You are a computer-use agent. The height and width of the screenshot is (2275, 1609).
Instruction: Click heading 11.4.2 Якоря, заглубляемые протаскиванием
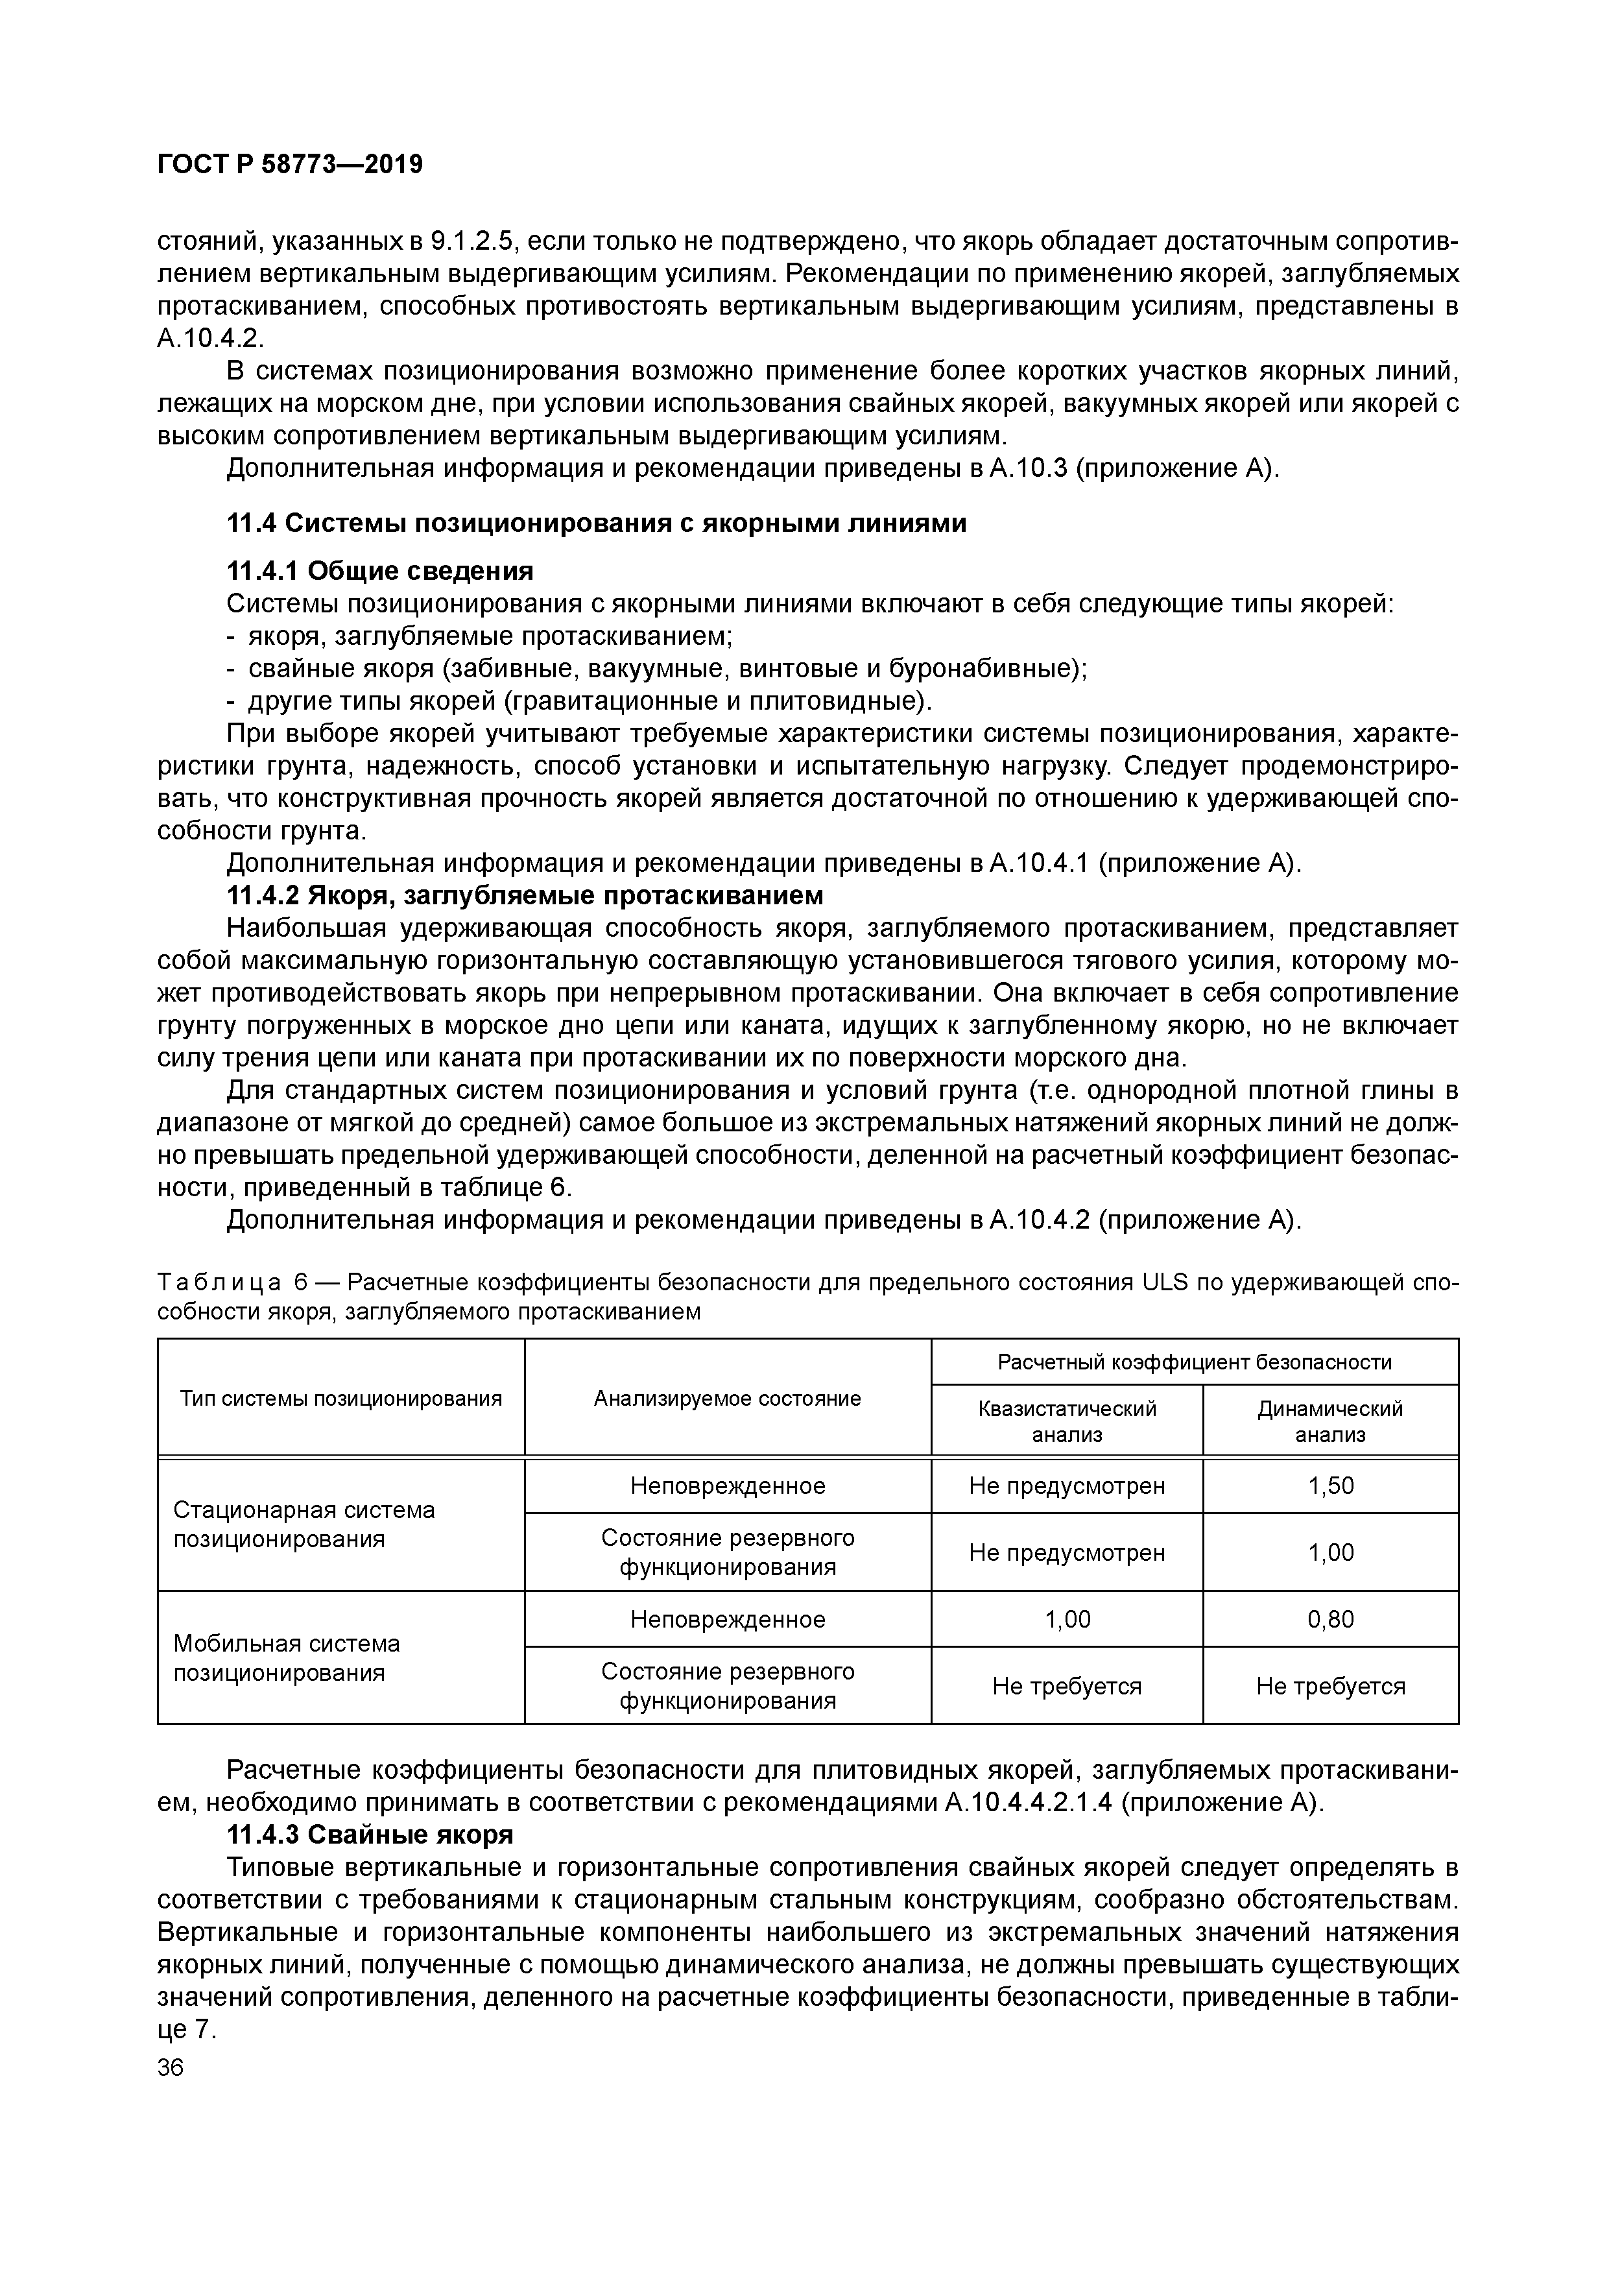tap(525, 896)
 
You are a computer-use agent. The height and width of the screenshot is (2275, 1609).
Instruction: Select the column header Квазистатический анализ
tap(1066, 1421)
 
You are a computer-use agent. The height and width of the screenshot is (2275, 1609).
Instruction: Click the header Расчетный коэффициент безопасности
tap(1194, 1362)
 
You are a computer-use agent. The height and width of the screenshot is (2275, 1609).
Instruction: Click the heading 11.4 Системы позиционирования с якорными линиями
tap(597, 523)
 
